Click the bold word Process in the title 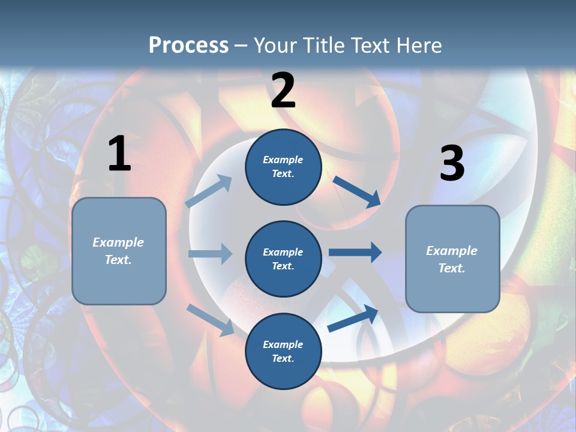click(188, 45)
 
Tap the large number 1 click(119, 154)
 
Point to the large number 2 click(283, 91)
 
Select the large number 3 click(452, 164)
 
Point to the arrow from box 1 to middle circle click(210, 254)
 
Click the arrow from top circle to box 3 click(356, 191)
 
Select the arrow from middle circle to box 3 click(355, 252)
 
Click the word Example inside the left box click(118, 242)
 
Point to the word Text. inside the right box click(452, 268)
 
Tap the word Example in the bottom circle click(283, 344)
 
